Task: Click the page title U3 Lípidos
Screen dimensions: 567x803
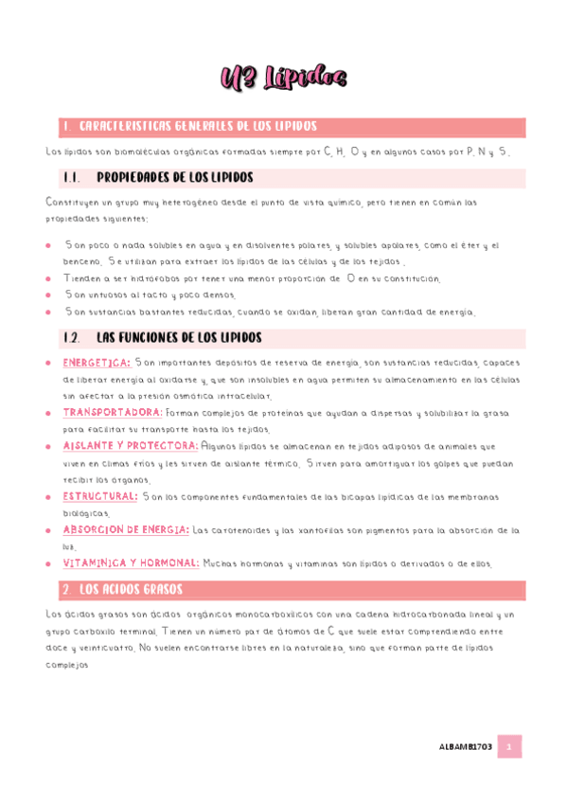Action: tap(283, 77)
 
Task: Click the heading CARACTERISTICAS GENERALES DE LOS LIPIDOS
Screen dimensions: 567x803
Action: tap(198, 127)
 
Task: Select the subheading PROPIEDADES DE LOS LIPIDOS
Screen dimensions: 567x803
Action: tap(175, 177)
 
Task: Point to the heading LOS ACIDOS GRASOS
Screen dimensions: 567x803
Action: tap(132, 589)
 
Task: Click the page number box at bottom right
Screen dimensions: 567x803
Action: tap(509, 746)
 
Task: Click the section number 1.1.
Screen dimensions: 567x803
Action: tap(70, 177)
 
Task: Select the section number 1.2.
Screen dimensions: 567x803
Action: tap(70, 337)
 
